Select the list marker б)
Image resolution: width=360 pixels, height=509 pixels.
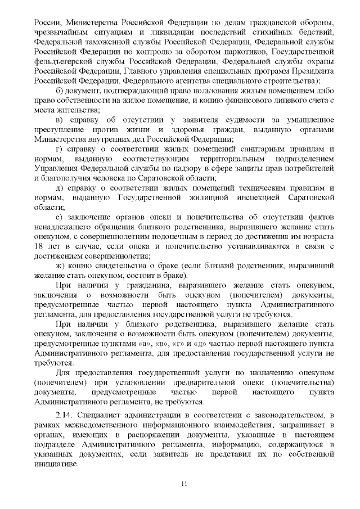click(x=61, y=91)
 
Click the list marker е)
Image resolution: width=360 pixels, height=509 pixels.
click(x=60, y=217)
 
